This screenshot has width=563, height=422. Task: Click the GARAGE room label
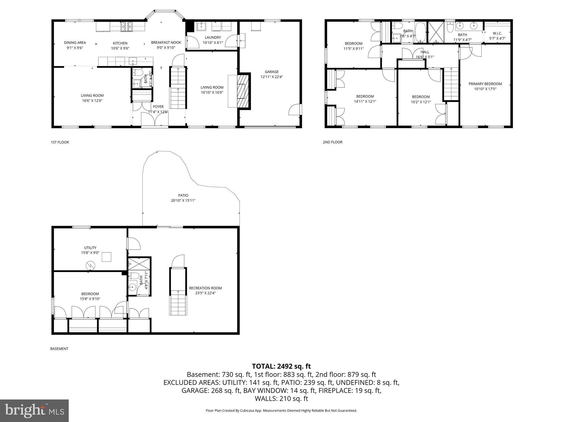pyautogui.click(x=272, y=72)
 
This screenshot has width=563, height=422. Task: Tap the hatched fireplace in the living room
pyautogui.click(x=243, y=91)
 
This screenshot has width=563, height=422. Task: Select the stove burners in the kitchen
pyautogui.click(x=126, y=27)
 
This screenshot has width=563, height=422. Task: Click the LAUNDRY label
pyautogui.click(x=213, y=37)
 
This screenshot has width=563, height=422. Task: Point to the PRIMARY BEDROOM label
pyautogui.click(x=485, y=84)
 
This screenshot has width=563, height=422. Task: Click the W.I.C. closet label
pyautogui.click(x=497, y=33)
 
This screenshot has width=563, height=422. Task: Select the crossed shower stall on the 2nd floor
pyautogui.click(x=436, y=32)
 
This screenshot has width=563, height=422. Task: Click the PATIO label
pyautogui.click(x=183, y=195)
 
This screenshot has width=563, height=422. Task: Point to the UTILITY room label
pyautogui.click(x=90, y=248)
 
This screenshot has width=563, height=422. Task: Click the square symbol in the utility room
pyautogui.click(x=106, y=257)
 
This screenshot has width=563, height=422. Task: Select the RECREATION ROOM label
pyautogui.click(x=205, y=288)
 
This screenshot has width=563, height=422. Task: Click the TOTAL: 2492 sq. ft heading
pyautogui.click(x=281, y=366)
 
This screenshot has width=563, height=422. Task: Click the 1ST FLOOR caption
pyautogui.click(x=60, y=142)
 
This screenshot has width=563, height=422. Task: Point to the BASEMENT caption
pyautogui.click(x=59, y=349)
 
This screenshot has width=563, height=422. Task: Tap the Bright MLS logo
pyautogui.click(x=34, y=410)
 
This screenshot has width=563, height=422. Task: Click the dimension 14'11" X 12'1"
pyautogui.click(x=365, y=101)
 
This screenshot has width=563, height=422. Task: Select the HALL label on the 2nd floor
pyautogui.click(x=424, y=52)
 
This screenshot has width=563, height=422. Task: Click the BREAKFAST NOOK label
pyautogui.click(x=166, y=42)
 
